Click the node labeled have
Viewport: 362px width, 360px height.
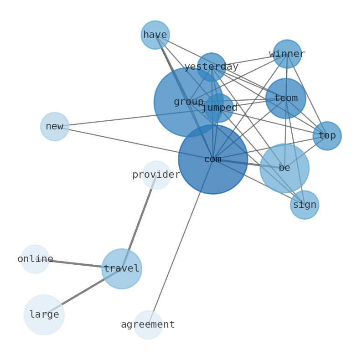[x=155, y=35]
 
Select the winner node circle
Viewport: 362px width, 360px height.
[x=287, y=54]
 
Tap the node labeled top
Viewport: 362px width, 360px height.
[x=327, y=136]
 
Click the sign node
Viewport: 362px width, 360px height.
[x=305, y=205]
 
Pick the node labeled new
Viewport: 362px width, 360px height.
[x=55, y=127]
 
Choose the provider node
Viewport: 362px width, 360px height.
[x=156, y=175]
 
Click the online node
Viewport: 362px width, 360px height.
[x=35, y=259]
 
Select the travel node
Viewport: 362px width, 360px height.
[x=122, y=269]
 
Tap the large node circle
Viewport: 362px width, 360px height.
[x=44, y=315]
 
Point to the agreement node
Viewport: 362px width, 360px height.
[x=148, y=325]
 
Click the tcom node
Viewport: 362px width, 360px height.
[x=286, y=98]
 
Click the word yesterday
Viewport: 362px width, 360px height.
[x=211, y=67]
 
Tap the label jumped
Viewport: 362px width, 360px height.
[x=219, y=108]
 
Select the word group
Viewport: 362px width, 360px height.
[x=189, y=102]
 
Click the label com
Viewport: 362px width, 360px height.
[x=213, y=159]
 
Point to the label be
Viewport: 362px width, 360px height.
[x=284, y=168]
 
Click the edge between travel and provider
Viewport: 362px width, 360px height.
[x=139, y=222]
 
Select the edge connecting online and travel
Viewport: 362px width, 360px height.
[x=78, y=264]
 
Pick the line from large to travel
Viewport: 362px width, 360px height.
[x=83, y=292]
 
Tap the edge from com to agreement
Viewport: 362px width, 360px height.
[x=181, y=242]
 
